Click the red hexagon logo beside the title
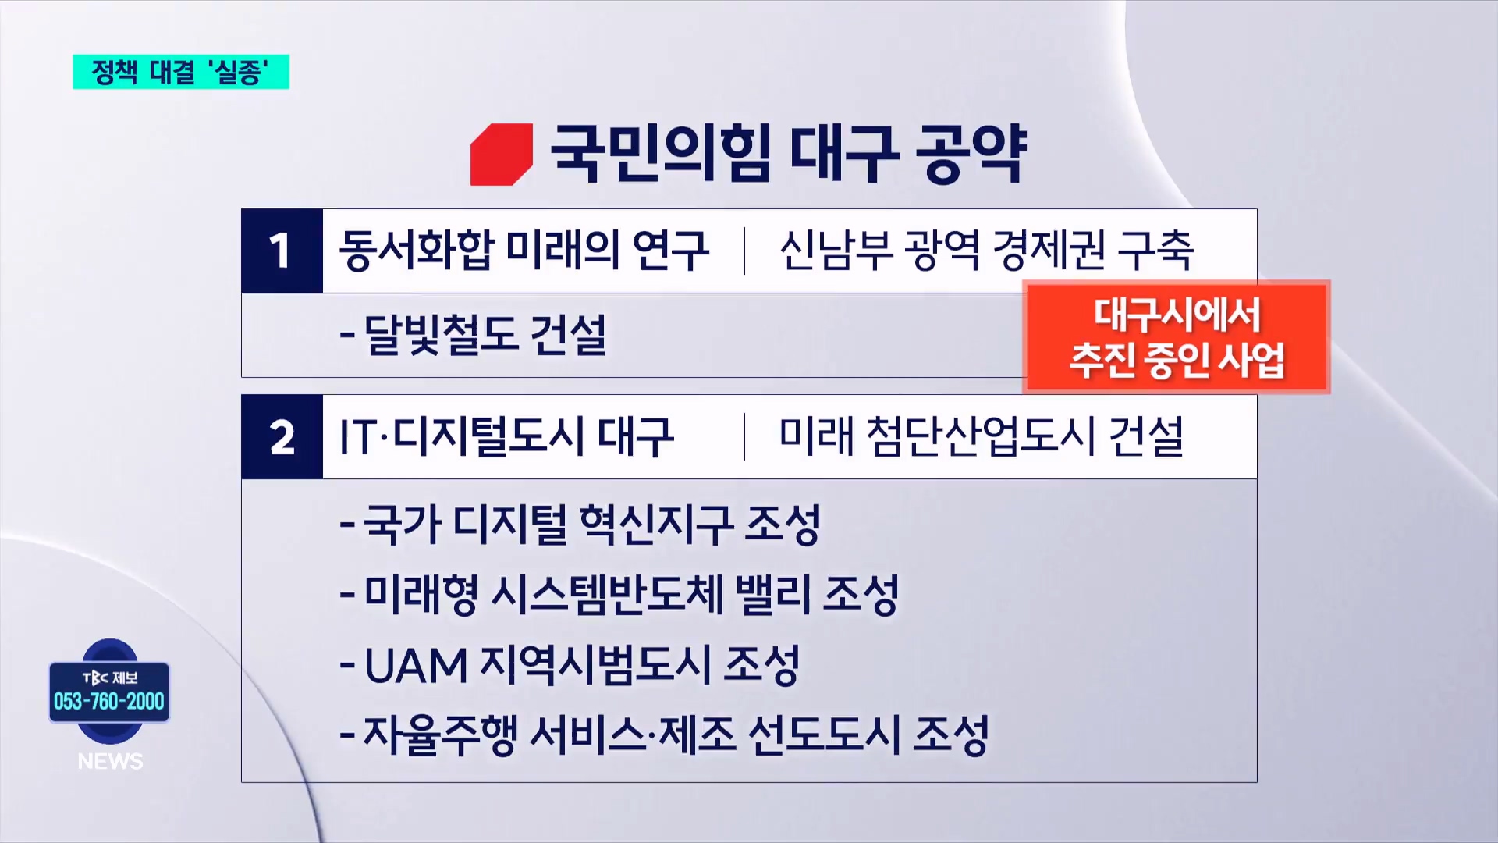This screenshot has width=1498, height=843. coord(502,155)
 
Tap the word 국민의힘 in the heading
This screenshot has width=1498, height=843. coord(661,153)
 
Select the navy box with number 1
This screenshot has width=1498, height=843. coord(282,251)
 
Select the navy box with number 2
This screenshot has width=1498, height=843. coord(282,436)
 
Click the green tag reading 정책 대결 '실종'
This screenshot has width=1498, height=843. coord(181,72)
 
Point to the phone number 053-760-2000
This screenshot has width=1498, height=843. coord(109,701)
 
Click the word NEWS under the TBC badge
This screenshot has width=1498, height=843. coord(110,761)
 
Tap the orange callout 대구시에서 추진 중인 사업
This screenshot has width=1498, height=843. coord(1177,337)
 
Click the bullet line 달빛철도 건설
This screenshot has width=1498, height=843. coord(473,335)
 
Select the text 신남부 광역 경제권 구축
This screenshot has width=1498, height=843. coord(987,251)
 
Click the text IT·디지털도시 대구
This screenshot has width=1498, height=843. coord(506,436)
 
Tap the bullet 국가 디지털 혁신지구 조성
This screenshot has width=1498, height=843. coord(580,524)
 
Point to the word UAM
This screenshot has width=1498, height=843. coord(416,666)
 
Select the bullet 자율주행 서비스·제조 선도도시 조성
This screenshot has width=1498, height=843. coord(665,735)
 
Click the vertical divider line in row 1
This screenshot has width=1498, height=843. coord(744,251)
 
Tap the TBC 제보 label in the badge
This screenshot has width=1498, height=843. coord(110,678)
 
